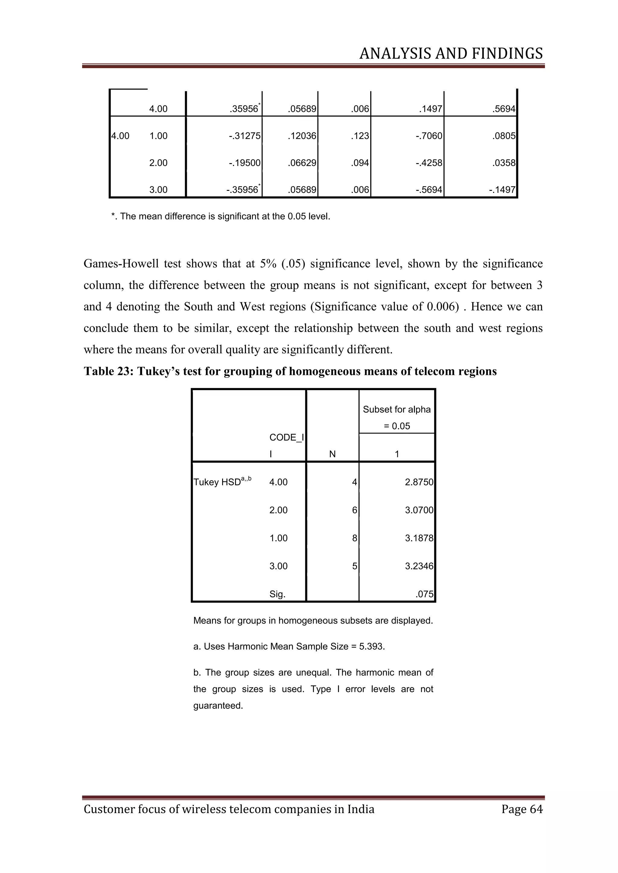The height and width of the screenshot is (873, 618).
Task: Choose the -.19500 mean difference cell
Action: coord(245,163)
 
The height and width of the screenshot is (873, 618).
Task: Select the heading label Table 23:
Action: coord(108,371)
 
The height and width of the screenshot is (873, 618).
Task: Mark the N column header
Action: coord(332,454)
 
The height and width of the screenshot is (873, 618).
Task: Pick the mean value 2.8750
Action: coord(419,482)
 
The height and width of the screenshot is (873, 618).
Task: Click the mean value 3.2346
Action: coord(419,566)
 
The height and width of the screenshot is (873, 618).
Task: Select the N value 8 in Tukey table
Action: coord(354,538)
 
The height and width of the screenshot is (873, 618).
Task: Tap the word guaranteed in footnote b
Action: coord(218,706)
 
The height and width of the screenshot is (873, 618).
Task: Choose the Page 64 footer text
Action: coord(522,809)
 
